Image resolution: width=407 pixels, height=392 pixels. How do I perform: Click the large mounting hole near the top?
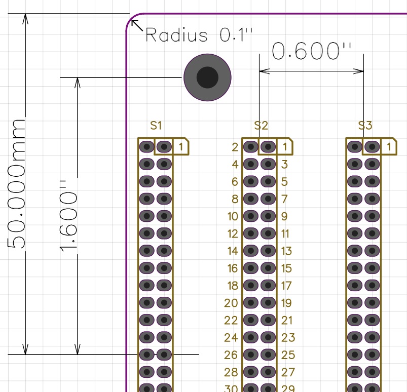207,77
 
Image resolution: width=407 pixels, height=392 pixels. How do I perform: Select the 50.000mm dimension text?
17,184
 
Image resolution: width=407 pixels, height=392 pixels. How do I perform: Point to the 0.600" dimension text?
312,51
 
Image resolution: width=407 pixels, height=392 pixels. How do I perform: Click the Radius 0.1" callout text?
199,35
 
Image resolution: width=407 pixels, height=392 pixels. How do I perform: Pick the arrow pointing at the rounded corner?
137,26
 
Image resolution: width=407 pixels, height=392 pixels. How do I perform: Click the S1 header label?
156,126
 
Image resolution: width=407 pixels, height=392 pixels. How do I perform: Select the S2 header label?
261,126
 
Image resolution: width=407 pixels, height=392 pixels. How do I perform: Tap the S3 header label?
365,126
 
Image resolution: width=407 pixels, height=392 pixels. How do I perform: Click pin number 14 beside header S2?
233,251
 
